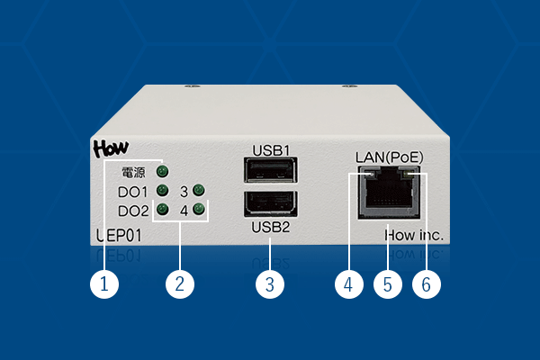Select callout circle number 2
pyautogui.click(x=180, y=284)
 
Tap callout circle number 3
pyautogui.click(x=270, y=284)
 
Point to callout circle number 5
pyautogui.click(x=388, y=284)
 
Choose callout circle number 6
pyautogui.click(x=427, y=284)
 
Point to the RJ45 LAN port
pyautogui.click(x=388, y=192)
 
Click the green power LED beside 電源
pyautogui.click(x=162, y=171)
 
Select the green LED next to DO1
pyautogui.click(x=162, y=191)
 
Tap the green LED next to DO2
pyautogui.click(x=162, y=211)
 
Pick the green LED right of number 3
pyautogui.click(x=199, y=191)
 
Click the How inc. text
pyautogui.click(x=414, y=236)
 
